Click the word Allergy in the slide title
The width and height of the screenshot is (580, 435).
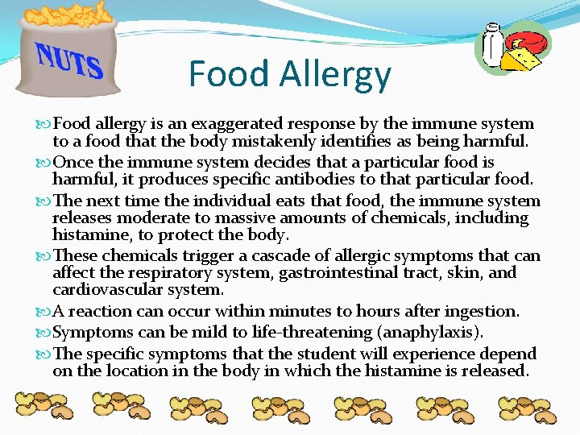[x=335, y=74]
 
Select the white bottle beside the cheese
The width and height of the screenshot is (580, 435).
[x=492, y=46]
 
